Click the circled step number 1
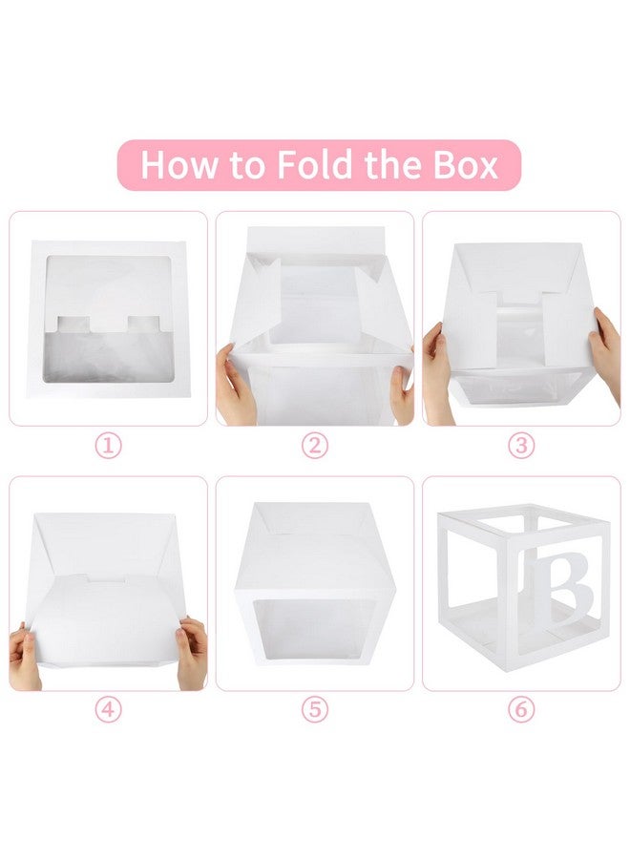click(109, 446)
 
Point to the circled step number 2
click(315, 446)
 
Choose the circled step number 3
click(521, 446)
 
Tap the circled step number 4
click(109, 711)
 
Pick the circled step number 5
click(315, 711)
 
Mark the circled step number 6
click(521, 711)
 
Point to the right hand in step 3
click(605, 353)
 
